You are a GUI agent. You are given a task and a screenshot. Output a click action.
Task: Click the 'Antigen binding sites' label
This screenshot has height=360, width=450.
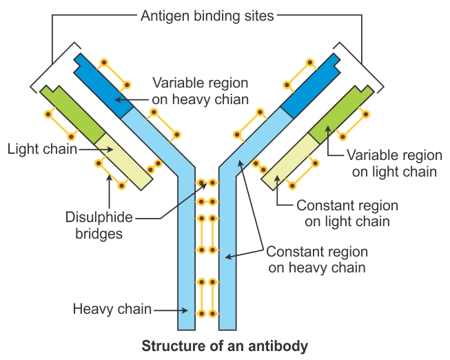click(x=207, y=14)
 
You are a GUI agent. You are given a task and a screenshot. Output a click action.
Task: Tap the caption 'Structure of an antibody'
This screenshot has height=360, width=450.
click(x=225, y=345)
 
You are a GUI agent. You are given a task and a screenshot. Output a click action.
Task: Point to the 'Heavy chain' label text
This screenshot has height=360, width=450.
click(x=112, y=309)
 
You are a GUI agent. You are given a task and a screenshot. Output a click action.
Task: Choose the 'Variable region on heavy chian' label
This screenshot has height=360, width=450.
click(x=200, y=90)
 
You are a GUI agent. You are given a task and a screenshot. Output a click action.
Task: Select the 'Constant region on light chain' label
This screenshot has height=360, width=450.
click(x=347, y=214)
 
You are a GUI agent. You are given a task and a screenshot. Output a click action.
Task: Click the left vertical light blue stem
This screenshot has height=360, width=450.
click(x=187, y=262)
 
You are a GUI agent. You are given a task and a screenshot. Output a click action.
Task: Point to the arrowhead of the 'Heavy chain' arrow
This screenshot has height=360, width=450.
click(x=176, y=310)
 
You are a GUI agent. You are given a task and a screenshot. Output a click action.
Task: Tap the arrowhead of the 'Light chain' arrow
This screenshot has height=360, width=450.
click(x=97, y=148)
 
